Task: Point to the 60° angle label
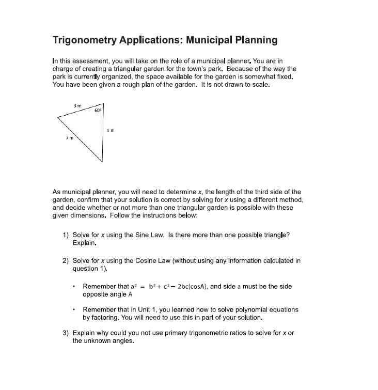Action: (x=98, y=111)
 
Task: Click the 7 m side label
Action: (x=69, y=138)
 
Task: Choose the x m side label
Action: (x=111, y=131)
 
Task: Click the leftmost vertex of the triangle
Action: (x=57, y=117)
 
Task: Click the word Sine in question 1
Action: (x=131, y=235)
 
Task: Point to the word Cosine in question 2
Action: (x=133, y=261)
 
